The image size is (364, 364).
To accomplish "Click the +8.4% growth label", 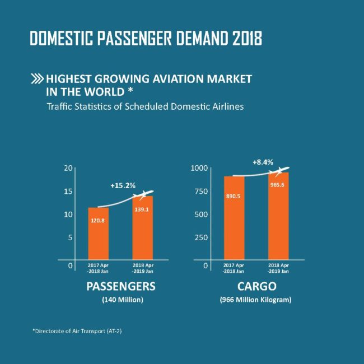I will click(263, 162).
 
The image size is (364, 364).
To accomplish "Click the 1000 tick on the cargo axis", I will click(199, 168).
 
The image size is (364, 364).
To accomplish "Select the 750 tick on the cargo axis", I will click(202, 191).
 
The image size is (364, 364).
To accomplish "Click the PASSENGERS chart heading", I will click(120, 287).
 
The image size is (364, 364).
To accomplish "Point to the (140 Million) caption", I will click(120, 300).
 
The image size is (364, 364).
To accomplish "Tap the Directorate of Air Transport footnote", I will click(77, 331).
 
